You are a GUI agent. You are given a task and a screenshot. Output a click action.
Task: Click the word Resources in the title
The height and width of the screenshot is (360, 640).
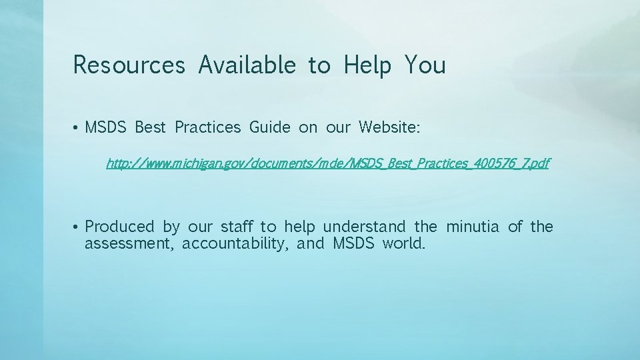click(129, 65)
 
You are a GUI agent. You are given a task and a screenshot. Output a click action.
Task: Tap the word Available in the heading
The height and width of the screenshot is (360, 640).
click(247, 65)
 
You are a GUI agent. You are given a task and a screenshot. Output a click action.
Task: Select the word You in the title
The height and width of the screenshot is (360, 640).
click(425, 65)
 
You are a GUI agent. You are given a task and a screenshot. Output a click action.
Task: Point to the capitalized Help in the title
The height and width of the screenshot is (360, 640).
click(367, 65)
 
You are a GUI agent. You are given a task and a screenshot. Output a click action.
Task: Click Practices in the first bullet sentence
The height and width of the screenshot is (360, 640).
click(207, 127)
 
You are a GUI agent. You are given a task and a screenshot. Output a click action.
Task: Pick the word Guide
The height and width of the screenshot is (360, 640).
click(270, 127)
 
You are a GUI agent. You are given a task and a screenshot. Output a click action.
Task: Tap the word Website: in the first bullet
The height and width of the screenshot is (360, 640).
click(389, 127)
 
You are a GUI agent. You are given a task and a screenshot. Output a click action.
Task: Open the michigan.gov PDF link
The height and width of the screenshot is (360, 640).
click(327, 163)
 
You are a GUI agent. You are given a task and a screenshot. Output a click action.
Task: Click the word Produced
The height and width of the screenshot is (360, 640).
click(119, 227)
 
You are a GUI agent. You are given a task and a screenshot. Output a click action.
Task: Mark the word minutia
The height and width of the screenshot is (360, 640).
click(473, 227)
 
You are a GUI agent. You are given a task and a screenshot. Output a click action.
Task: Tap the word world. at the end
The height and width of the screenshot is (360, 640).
click(403, 244)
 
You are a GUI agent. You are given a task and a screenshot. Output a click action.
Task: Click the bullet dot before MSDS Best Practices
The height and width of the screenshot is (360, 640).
click(77, 128)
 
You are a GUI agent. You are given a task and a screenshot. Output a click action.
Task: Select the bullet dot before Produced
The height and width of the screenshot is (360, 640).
click(77, 228)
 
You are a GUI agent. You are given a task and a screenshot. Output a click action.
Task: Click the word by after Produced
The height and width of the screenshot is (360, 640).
click(171, 227)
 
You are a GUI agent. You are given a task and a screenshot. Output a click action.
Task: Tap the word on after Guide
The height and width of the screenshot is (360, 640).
click(308, 127)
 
